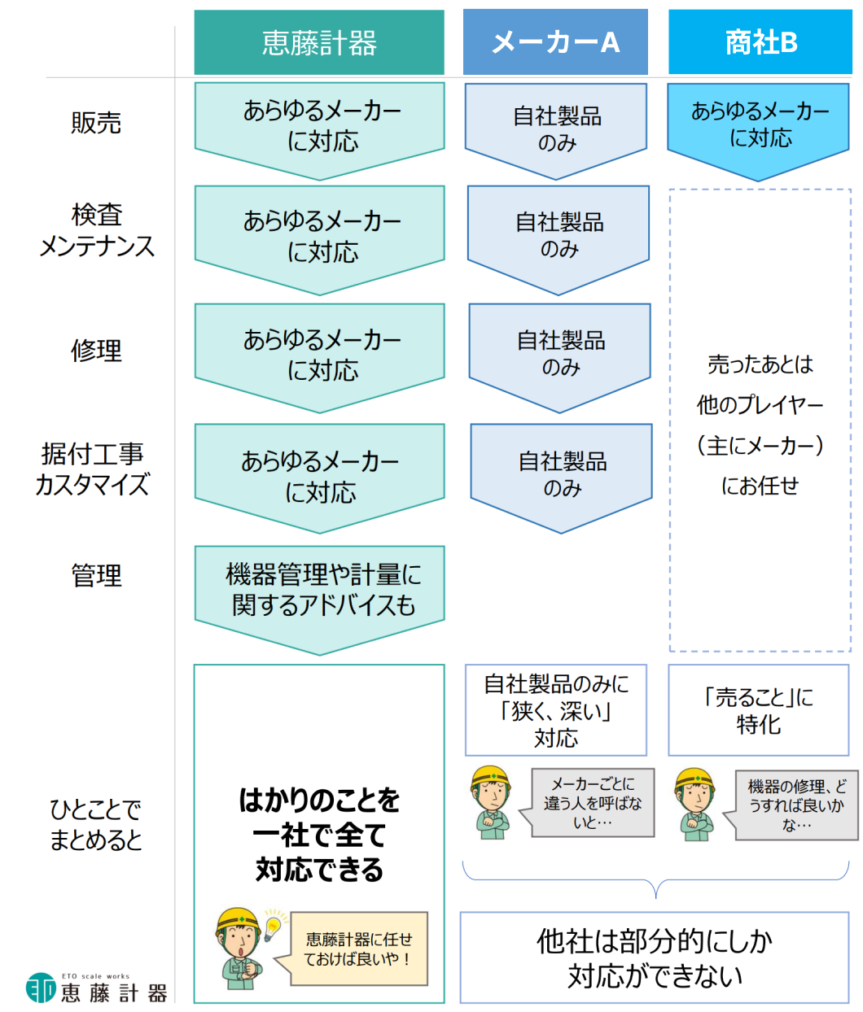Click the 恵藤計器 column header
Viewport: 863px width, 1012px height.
click(x=319, y=42)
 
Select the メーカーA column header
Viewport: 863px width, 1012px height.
click(x=555, y=42)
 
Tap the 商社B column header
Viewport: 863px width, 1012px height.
click(x=760, y=42)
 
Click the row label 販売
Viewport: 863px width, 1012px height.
click(x=96, y=122)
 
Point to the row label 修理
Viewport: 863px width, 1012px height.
click(x=96, y=351)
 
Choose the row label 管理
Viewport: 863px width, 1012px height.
click(x=96, y=575)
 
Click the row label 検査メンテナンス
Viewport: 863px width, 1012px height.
click(x=97, y=230)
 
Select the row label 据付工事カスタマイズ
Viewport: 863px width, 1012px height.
click(x=92, y=469)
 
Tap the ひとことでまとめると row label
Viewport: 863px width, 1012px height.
click(x=95, y=824)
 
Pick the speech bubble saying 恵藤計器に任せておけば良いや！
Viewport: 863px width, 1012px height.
click(x=351, y=949)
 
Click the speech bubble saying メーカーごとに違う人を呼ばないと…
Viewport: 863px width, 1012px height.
click(x=587, y=802)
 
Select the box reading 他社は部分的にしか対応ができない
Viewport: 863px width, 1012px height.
click(x=655, y=957)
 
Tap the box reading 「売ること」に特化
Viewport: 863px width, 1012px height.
click(x=759, y=710)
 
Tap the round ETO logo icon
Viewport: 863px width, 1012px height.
click(x=41, y=988)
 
